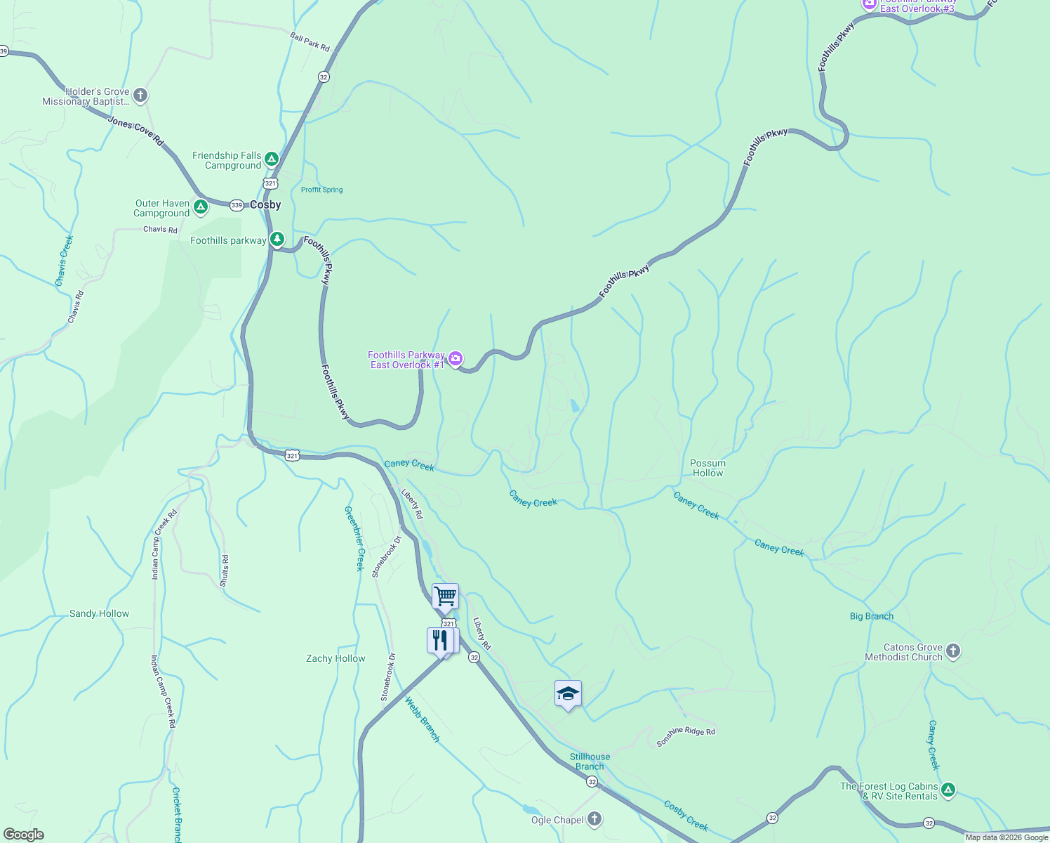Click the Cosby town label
(265, 205)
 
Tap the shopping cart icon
(445, 597)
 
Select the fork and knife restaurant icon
(440, 641)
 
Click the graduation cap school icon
(568, 694)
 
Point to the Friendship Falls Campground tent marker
(272, 160)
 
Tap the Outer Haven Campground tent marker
(201, 207)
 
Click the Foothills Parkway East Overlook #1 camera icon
(456, 360)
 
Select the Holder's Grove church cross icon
(140, 96)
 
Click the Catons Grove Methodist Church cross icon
(953, 651)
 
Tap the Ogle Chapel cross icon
(594, 819)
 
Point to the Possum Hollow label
(707, 468)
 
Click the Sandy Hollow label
(99, 613)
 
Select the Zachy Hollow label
(335, 658)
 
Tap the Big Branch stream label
(871, 616)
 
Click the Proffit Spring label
(321, 190)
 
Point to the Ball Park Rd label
(310, 41)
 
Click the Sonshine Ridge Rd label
(686, 736)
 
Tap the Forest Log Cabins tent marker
(948, 790)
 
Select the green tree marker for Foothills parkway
(277, 240)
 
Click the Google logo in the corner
(23, 835)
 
